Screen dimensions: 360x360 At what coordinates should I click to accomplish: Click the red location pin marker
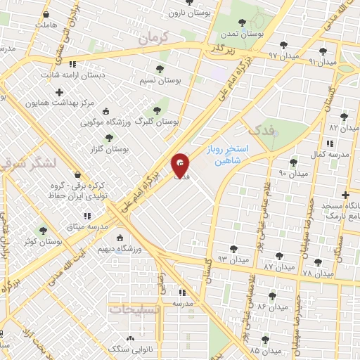(x=180, y=165)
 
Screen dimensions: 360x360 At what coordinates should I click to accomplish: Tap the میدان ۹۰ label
(x=293, y=173)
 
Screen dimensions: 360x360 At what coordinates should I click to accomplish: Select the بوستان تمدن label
(x=242, y=33)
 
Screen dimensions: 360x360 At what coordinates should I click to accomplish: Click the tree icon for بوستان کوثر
(x=44, y=230)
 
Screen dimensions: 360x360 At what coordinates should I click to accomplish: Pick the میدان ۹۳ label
(x=234, y=260)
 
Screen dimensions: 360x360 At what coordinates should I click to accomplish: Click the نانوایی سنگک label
(x=127, y=349)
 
